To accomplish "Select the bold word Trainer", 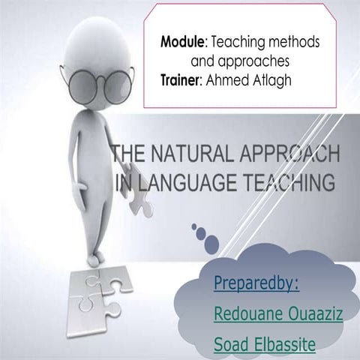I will tap(181, 76).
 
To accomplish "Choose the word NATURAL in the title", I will tap(183, 155).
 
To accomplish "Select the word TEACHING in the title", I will tap(284, 181).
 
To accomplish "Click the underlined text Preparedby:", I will tap(256, 283).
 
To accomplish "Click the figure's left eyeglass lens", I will tap(85, 84).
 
